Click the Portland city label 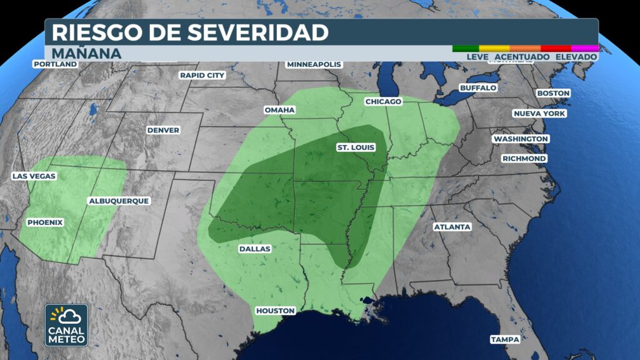pos(56,64)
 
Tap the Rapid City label pos(202,75)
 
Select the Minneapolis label pos(314,64)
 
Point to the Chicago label pos(383,101)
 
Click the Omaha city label pos(279,110)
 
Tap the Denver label pos(163,130)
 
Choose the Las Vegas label pos(34,176)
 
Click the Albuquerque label pos(119,201)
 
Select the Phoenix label pos(45,222)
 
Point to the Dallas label pos(255,249)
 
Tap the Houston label pos(275,311)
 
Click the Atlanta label pos(452,227)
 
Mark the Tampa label pos(505,339)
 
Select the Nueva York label pos(539,114)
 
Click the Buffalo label pos(478,88)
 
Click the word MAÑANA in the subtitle pos(86,53)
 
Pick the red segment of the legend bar pos(556,48)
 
